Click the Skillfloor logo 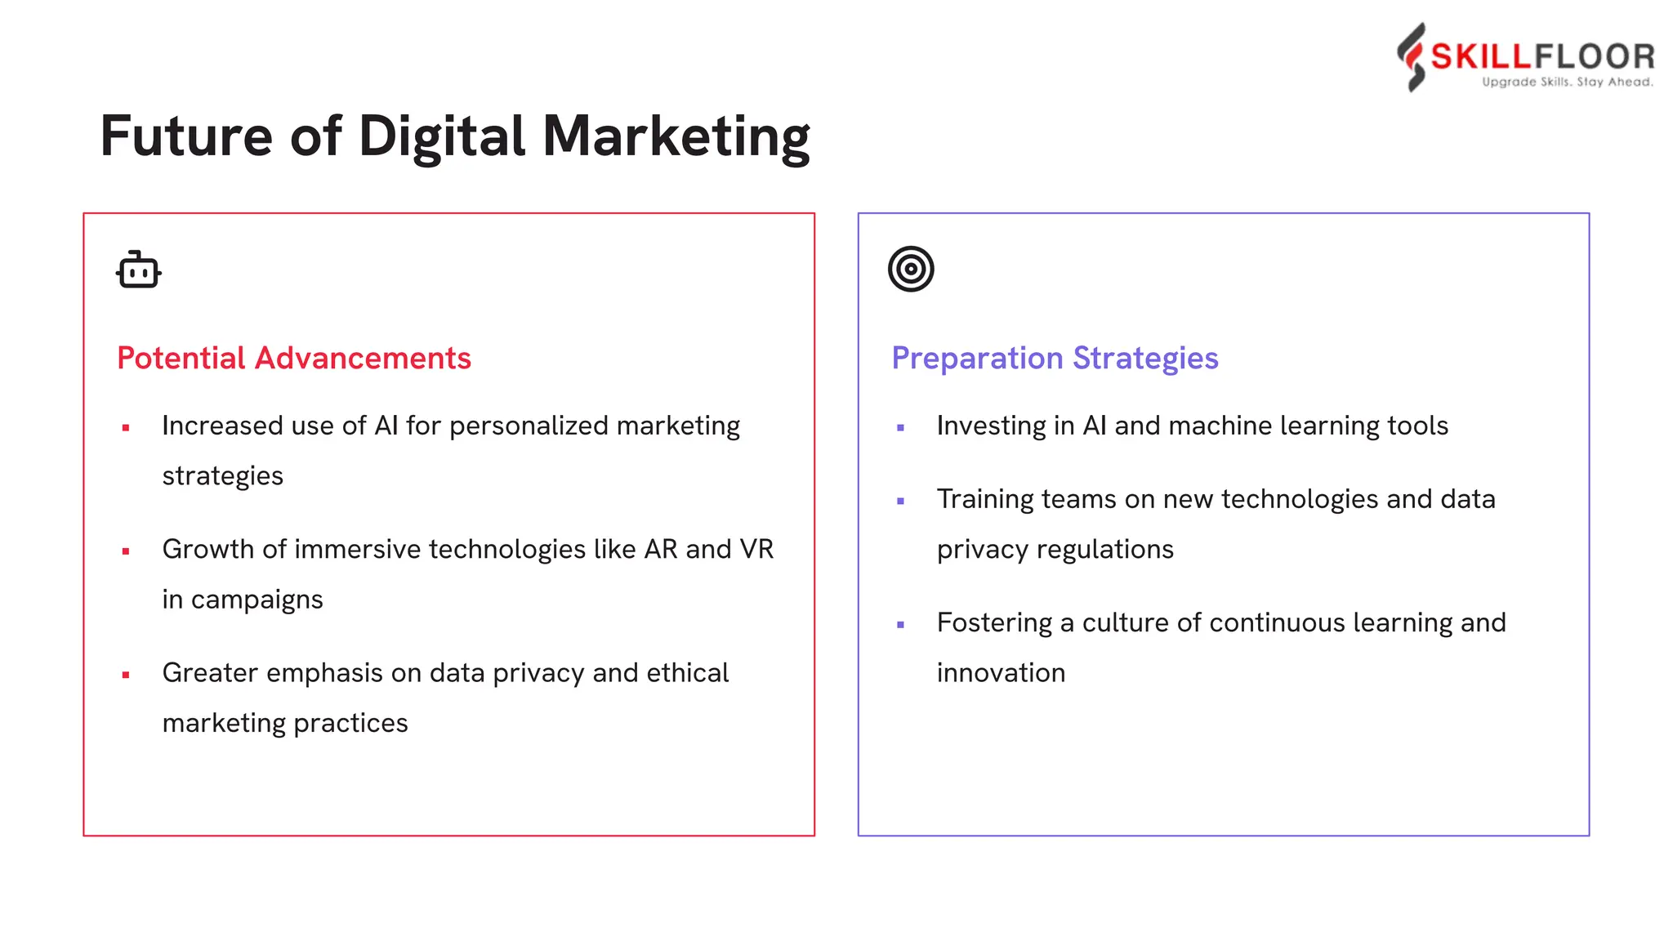(x=1524, y=56)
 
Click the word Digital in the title (x=441, y=136)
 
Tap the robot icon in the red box (x=138, y=270)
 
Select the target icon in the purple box (x=911, y=269)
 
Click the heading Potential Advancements (x=294, y=358)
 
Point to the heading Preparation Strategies (x=1055, y=358)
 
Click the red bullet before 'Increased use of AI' (x=126, y=428)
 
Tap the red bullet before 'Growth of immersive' (x=126, y=551)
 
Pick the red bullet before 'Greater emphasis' (x=126, y=675)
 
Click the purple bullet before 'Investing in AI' (x=900, y=428)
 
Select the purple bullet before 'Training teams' (x=900, y=502)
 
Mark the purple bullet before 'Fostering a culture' (x=900, y=625)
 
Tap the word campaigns (x=257, y=600)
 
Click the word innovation (x=1001, y=673)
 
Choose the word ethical (x=688, y=673)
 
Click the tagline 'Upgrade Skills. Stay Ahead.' (x=1568, y=82)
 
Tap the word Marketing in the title (x=676, y=136)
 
